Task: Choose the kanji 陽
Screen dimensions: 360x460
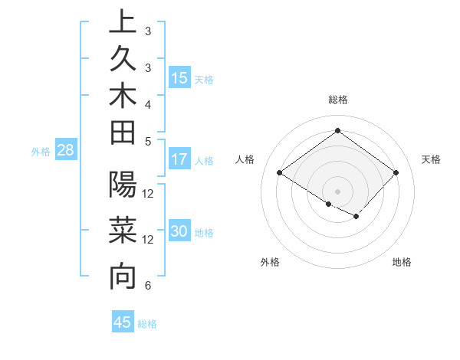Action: (x=122, y=185)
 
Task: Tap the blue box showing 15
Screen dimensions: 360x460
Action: (x=179, y=78)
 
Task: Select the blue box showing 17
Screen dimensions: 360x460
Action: (x=179, y=160)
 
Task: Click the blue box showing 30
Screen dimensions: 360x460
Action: (x=179, y=232)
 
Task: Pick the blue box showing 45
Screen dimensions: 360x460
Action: (x=123, y=322)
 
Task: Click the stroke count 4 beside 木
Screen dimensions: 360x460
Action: (x=147, y=104)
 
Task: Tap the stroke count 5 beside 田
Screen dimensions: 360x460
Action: (x=147, y=140)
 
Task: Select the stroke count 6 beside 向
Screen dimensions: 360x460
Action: (x=147, y=286)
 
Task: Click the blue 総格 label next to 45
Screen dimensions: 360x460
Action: (x=148, y=324)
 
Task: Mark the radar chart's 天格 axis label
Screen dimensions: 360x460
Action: (x=431, y=159)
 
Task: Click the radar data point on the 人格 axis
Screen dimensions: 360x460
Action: (x=280, y=172)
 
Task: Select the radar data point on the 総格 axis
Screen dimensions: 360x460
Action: (x=337, y=130)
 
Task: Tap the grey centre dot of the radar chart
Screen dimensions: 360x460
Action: (x=337, y=190)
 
